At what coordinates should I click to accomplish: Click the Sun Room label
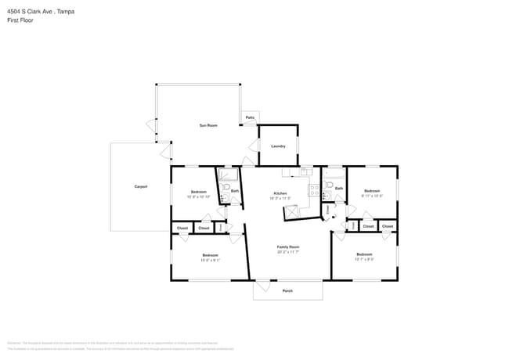pos(208,125)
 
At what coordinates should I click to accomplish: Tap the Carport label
pos(141,186)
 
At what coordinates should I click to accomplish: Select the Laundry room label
pos(278,146)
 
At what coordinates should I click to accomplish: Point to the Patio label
pos(250,117)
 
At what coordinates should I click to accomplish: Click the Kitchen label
pos(280,193)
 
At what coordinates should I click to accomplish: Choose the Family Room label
pos(288,247)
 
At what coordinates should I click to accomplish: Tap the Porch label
pos(287,290)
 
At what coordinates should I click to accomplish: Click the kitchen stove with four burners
pos(314,189)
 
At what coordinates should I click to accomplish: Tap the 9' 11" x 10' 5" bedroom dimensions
pos(371,196)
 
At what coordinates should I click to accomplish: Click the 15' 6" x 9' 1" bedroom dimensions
pos(210,260)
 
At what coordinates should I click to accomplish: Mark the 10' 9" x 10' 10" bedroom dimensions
pos(198,196)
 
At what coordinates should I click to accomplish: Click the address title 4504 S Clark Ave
pos(36,12)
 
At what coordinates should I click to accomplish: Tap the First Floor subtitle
pos(20,20)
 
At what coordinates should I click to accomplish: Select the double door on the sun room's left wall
pos(152,125)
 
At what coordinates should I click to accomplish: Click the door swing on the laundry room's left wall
pos(253,146)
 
